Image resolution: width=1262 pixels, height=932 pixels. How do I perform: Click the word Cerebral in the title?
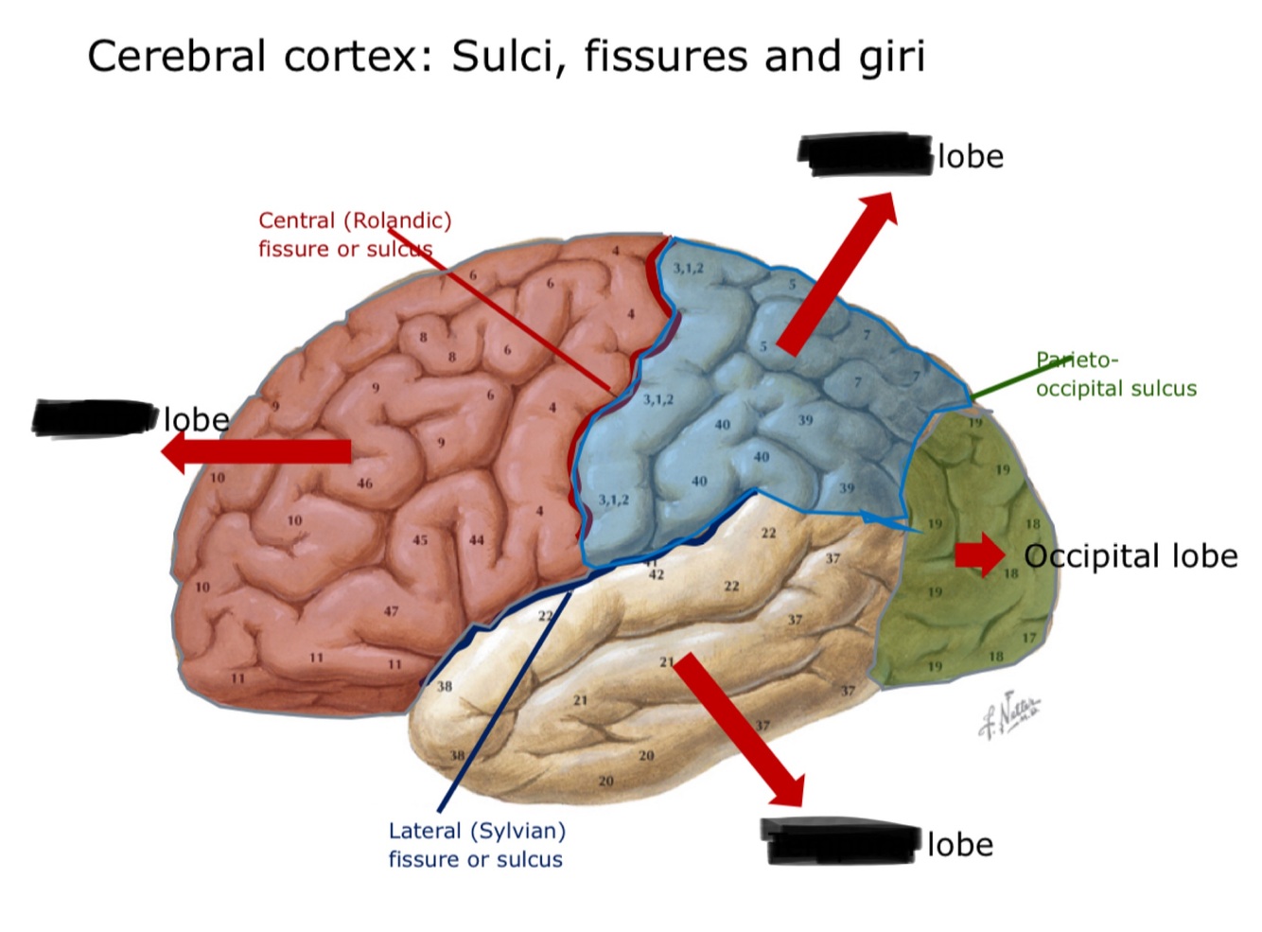pos(176,57)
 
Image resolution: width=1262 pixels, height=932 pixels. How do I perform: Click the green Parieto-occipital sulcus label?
pos(1115,375)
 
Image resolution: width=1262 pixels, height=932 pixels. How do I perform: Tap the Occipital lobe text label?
pos(1131,556)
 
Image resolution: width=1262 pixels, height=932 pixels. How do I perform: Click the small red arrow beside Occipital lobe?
pos(979,554)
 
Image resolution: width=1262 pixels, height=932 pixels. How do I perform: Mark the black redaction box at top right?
pos(865,154)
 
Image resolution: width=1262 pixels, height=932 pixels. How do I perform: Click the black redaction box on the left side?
pos(95,418)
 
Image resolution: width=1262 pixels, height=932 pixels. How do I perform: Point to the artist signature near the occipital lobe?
pos(1008,713)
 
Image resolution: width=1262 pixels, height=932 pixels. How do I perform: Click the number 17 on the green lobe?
pos(1028,638)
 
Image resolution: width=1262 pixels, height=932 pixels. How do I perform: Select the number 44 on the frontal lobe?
pos(476,540)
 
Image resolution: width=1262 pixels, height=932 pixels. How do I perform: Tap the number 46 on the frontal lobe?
pos(364,484)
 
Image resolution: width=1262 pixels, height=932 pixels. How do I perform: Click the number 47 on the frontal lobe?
pos(391,611)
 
